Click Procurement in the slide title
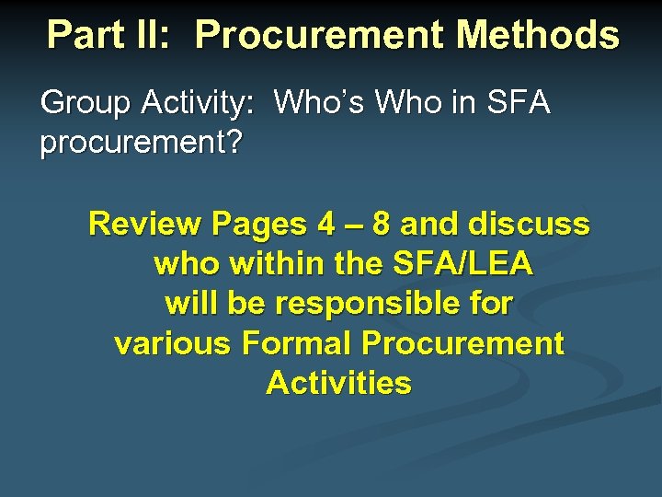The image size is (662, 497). click(320, 35)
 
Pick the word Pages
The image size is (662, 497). click(258, 224)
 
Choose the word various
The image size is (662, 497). click(173, 343)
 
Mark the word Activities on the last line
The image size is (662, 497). click(338, 383)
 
